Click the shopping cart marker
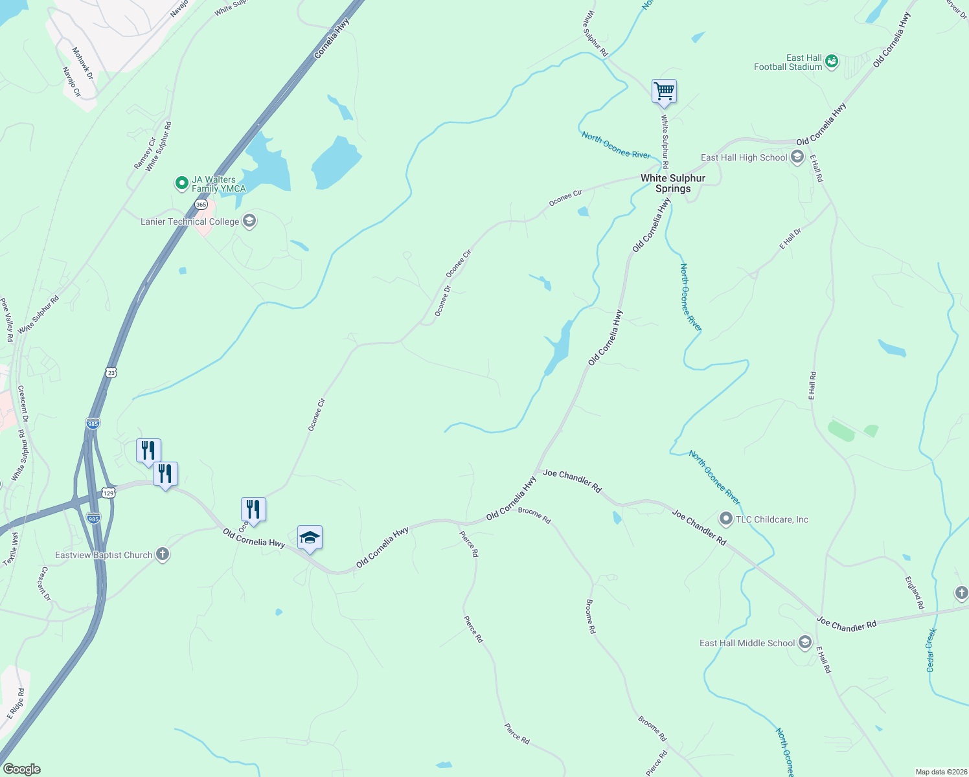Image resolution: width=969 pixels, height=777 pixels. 664,91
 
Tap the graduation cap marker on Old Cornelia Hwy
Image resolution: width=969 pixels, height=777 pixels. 310,538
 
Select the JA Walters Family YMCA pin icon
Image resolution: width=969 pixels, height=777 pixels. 182,184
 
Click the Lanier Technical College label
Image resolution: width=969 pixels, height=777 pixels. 190,221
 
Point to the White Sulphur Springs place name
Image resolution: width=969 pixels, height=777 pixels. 673,183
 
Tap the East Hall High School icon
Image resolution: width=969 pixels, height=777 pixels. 797,157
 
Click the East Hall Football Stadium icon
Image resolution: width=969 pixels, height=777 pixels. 832,62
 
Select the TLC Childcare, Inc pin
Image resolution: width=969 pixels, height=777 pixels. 726,519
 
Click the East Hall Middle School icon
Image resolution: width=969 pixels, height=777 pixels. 805,642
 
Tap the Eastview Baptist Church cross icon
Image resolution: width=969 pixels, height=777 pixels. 163,555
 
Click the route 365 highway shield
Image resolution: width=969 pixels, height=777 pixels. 201,204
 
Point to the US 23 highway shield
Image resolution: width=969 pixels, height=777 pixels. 111,372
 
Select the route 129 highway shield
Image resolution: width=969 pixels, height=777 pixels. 108,493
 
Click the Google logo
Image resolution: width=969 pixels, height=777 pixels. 21,769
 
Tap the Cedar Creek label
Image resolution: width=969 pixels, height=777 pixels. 931,649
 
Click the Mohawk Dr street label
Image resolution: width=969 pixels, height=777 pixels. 83,63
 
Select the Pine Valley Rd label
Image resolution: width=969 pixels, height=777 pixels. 6,320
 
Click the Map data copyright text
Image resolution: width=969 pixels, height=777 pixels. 940,772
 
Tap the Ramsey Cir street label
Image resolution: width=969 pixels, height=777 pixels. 144,153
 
